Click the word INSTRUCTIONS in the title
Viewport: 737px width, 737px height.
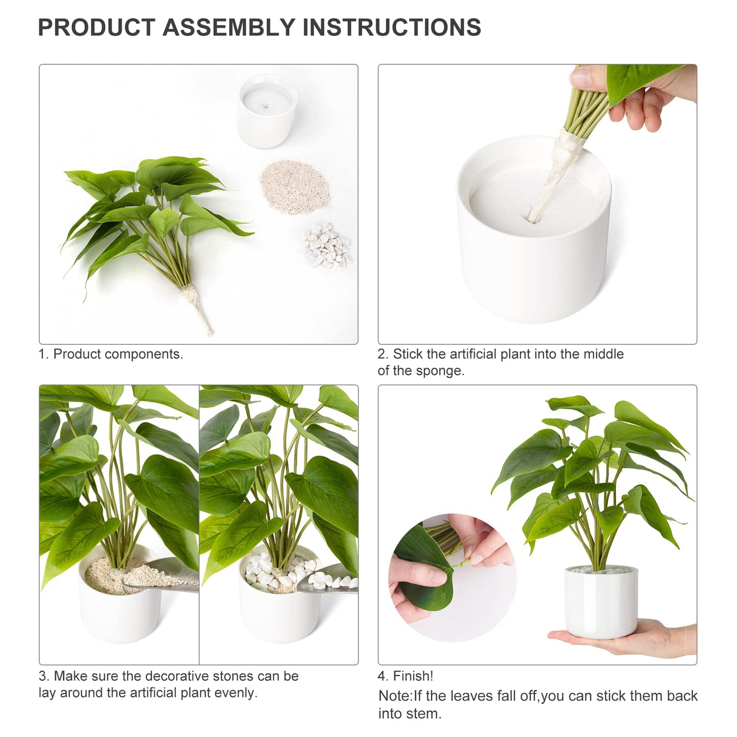pos(392,27)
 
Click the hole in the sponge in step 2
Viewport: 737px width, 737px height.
pos(533,218)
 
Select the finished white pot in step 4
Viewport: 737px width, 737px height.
pos(601,602)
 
